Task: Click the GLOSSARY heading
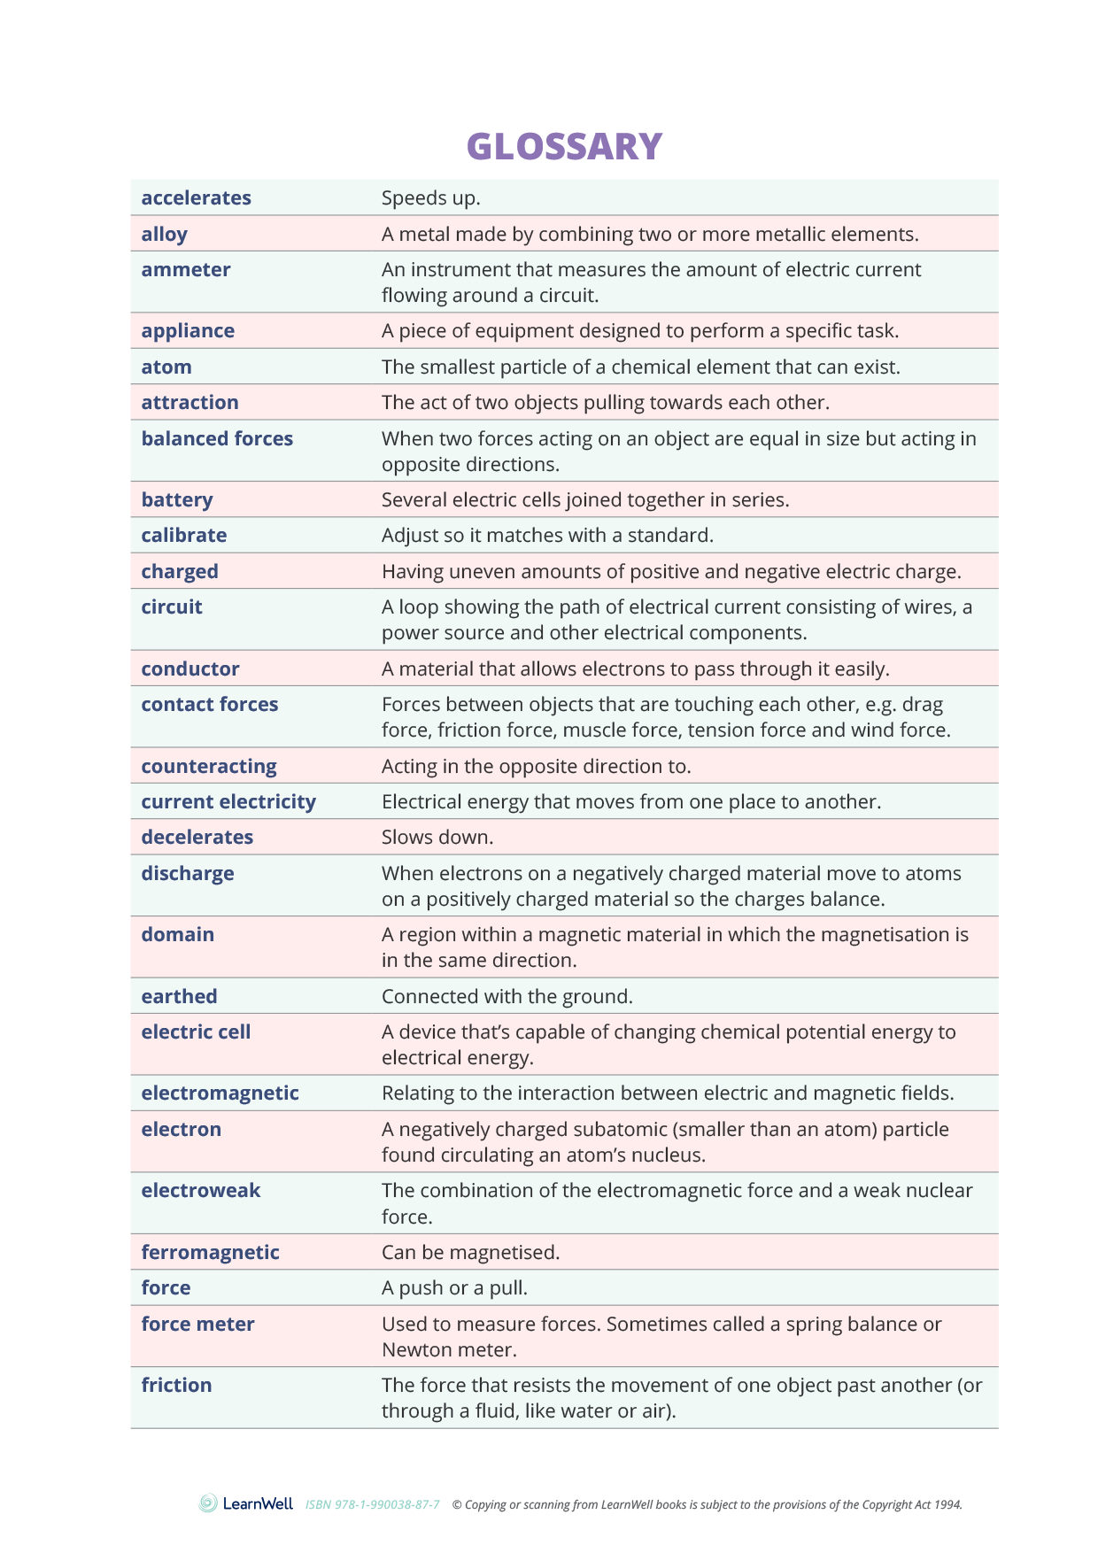pos(564,147)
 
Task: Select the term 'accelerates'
pos(197,198)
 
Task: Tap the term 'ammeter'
pos(186,270)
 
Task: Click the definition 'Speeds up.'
pos(430,198)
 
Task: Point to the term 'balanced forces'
pos(217,439)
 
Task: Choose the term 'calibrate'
pos(184,536)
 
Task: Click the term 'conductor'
pos(190,669)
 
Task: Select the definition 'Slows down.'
pos(437,838)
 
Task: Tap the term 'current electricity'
pos(228,802)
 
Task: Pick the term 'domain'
pos(178,935)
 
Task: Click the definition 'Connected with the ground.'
pos(506,997)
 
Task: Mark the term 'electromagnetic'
pos(220,1093)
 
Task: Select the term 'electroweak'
pos(201,1191)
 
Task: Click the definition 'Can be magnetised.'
pos(470,1253)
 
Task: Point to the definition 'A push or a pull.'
pos(454,1288)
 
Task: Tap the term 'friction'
pos(176,1386)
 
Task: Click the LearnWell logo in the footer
pos(246,1503)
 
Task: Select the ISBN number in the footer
pos(373,1504)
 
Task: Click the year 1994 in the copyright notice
pos(947,1504)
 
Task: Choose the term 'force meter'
pos(197,1325)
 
